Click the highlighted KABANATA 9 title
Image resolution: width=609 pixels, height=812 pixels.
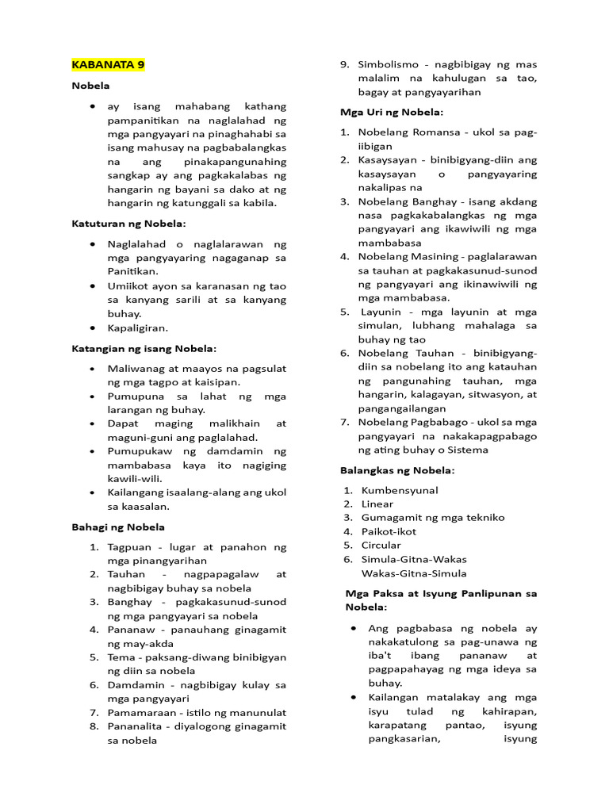pos(108,64)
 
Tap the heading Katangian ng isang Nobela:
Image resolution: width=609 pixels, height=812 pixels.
pos(144,348)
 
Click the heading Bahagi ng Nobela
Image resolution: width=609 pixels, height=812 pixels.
pos(118,527)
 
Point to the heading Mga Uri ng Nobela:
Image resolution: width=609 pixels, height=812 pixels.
pos(392,112)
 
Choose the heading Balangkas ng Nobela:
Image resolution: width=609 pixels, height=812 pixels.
pos(396,470)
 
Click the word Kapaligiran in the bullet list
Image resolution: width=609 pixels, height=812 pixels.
pos(138,327)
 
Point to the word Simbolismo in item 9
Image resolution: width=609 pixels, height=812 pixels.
pos(388,64)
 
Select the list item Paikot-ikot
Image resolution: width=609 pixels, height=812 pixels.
pos(389,531)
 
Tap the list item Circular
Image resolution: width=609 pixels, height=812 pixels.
pos(381,545)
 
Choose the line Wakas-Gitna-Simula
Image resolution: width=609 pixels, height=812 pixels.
pos(414,573)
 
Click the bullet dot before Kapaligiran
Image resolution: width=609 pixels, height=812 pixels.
pos(94,327)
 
